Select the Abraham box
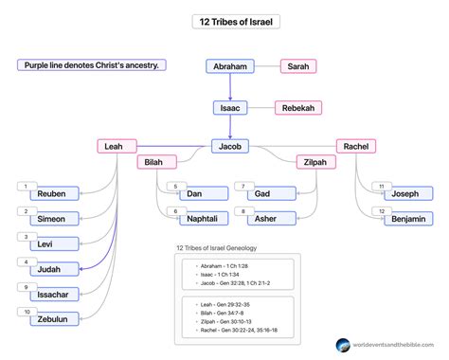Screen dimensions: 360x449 point(230,66)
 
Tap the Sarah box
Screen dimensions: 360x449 point(298,66)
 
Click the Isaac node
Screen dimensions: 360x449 point(230,108)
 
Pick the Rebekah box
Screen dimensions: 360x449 point(298,108)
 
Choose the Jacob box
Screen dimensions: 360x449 point(230,146)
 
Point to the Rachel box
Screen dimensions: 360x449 point(356,146)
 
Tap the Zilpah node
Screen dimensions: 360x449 point(315,163)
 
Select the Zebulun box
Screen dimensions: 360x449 point(48,319)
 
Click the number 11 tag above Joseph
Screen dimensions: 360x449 point(381,186)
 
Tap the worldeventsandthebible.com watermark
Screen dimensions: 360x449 point(388,348)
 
